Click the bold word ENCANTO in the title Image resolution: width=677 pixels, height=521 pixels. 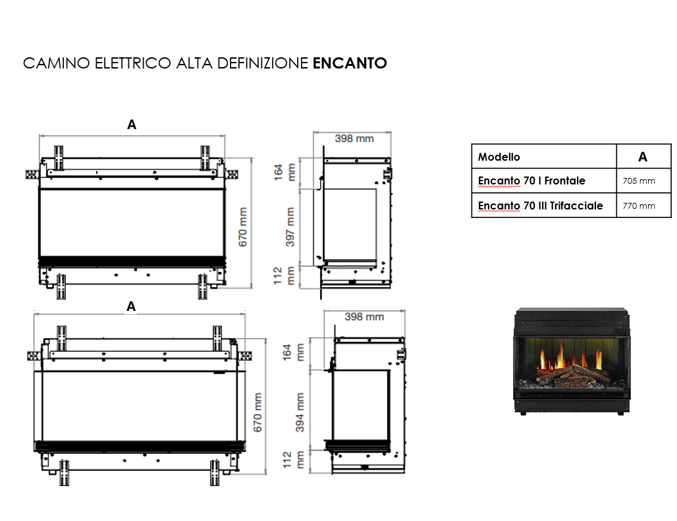coord(349,63)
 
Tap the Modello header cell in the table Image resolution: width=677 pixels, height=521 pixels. coord(499,157)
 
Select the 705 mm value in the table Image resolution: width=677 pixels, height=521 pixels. coord(639,180)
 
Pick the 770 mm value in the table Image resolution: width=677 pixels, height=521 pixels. coord(639,206)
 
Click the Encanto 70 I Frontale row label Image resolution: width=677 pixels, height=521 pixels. coord(531,180)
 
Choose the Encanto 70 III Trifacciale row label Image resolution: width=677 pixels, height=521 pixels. coord(540,206)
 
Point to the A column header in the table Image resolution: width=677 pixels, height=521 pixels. coord(643,157)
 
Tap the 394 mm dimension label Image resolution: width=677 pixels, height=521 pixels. coord(300,412)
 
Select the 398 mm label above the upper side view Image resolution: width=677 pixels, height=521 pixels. coord(354,138)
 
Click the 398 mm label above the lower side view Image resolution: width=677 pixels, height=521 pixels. coord(364,317)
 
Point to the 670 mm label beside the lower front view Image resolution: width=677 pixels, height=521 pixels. coord(258,412)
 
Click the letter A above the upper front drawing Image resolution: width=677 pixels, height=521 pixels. coord(132,124)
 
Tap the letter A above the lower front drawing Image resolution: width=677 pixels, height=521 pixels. coord(132,306)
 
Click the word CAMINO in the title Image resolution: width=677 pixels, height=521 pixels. coord(56,63)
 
